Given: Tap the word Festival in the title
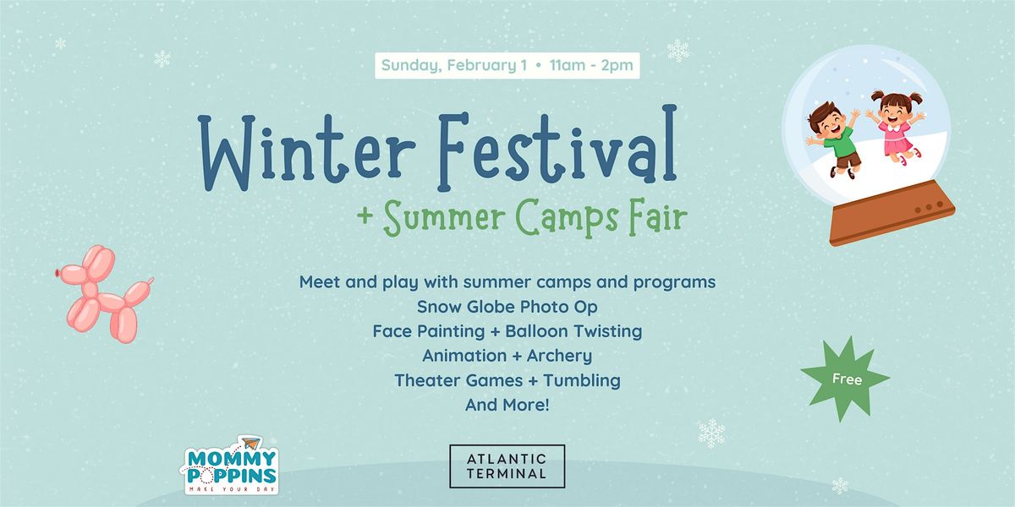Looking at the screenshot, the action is click(557, 147).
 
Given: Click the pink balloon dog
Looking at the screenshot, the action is click(105, 294).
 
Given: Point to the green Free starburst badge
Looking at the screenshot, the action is click(846, 379).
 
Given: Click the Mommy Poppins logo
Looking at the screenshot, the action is click(230, 466).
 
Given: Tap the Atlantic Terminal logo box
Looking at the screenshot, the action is click(507, 466).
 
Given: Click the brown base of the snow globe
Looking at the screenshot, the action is click(892, 213).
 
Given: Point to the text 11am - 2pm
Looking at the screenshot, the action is click(591, 65).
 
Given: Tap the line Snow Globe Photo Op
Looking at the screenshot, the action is click(507, 307).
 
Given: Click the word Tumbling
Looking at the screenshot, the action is click(582, 381).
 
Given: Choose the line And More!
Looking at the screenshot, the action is click(507, 405).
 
